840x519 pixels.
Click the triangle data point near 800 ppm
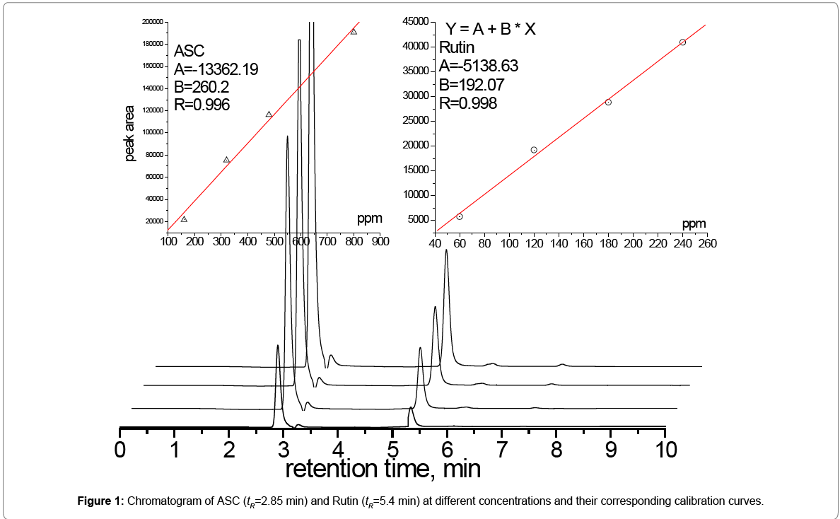[x=354, y=31]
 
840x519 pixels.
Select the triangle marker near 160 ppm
[x=184, y=218]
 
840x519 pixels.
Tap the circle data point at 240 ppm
[x=682, y=42]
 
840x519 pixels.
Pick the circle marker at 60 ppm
[x=460, y=216]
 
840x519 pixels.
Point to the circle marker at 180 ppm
[x=608, y=102]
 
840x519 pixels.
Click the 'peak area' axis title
[x=130, y=134]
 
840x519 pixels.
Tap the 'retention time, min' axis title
[x=383, y=468]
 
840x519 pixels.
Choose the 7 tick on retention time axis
[x=501, y=449]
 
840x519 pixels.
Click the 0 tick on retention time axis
[x=120, y=449]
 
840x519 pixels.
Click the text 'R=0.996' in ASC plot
[x=202, y=105]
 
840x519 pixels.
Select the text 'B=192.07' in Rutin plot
[x=469, y=85]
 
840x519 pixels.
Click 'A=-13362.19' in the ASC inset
[x=216, y=69]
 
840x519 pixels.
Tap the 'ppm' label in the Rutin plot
[x=694, y=224]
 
